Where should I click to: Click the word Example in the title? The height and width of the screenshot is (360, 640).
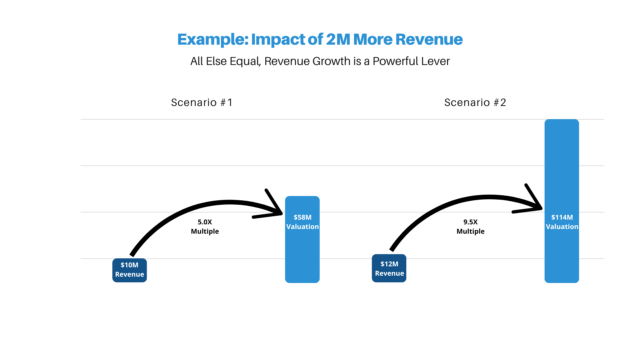[x=212, y=40]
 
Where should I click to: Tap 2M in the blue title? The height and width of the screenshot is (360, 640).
[x=338, y=39]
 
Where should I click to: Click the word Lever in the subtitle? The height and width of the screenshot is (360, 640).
[x=437, y=61]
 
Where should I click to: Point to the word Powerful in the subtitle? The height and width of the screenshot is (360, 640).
[x=396, y=61]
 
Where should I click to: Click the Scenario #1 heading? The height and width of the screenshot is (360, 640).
[x=202, y=102]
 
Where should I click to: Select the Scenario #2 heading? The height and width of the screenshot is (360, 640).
[x=475, y=102]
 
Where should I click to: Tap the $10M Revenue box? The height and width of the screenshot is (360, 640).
[x=129, y=270]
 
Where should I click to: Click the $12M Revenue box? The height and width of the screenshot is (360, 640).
[x=389, y=268]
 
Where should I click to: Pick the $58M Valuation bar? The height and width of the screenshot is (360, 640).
[x=302, y=240]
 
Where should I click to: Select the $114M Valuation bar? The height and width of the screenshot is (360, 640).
[x=562, y=201]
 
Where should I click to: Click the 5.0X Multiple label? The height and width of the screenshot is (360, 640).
[x=205, y=227]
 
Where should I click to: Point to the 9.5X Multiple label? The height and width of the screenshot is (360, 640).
[x=470, y=227]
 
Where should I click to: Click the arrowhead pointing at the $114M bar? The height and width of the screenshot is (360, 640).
[x=532, y=201]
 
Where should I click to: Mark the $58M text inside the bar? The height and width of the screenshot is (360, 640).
[x=302, y=218]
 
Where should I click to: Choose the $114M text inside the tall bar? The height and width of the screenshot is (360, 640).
[x=562, y=218]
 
